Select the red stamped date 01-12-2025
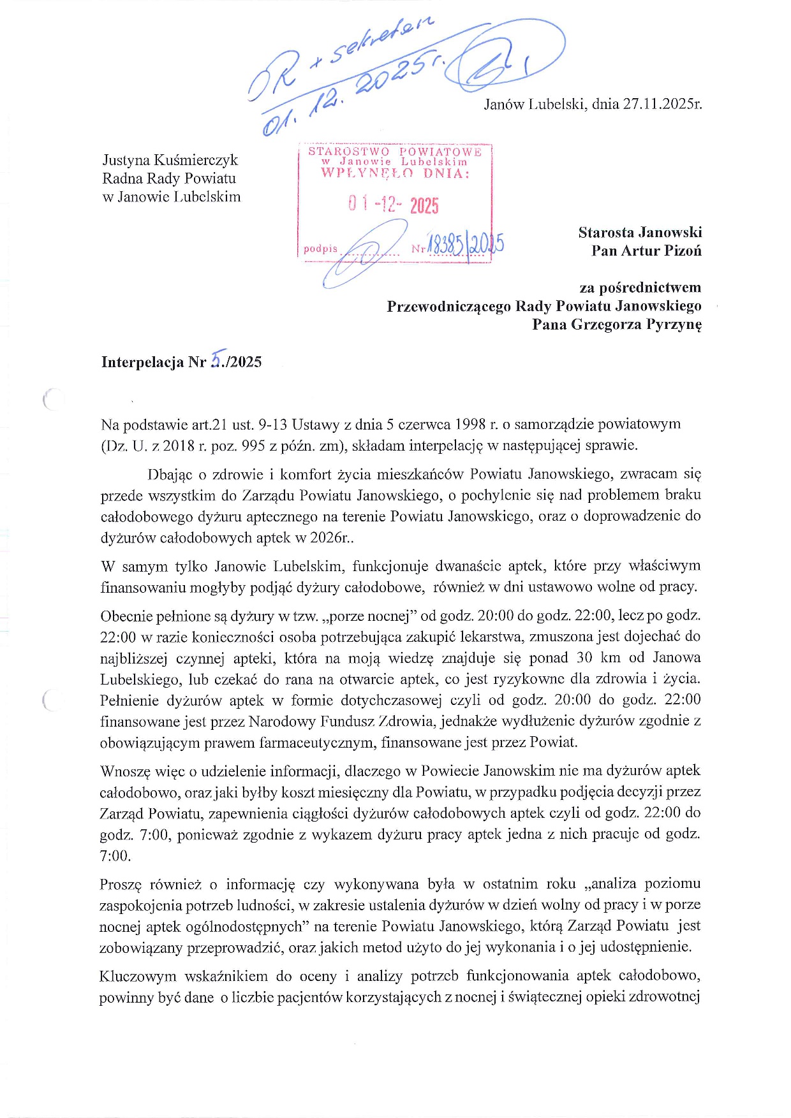pos(394,205)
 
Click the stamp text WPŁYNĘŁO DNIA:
pos(395,173)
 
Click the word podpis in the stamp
pos(320,249)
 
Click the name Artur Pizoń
pos(646,250)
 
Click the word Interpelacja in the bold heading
pos(143,362)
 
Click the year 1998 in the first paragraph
pos(470,425)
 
